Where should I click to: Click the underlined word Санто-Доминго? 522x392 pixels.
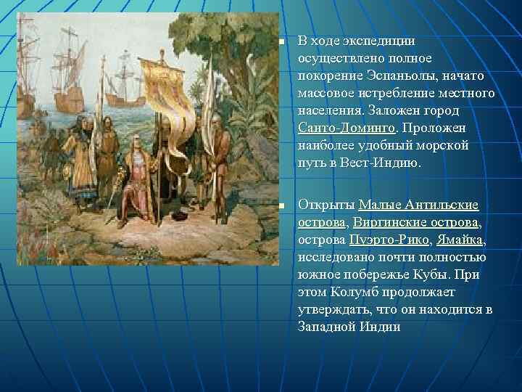point(347,128)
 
